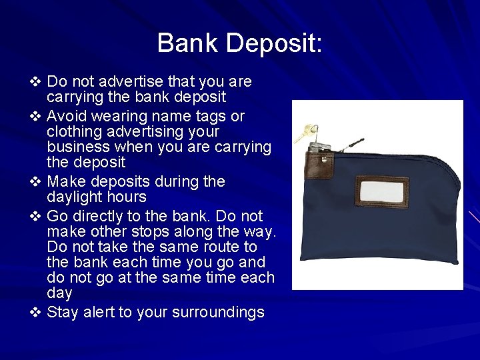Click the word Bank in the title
tap(188, 43)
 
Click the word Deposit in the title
tap(274, 44)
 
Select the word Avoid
tap(65, 116)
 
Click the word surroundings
tap(218, 313)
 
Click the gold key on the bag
tap(305, 132)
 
